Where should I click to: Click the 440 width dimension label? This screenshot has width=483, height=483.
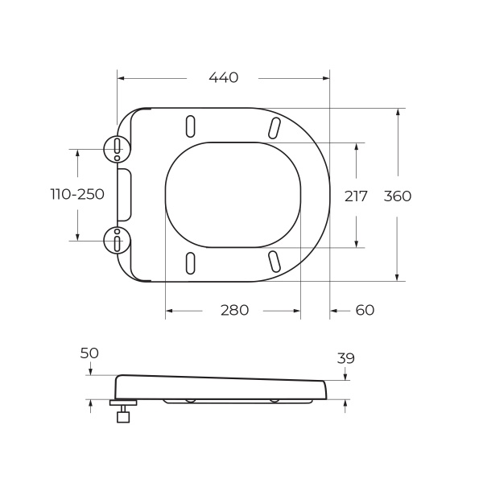pos(223,78)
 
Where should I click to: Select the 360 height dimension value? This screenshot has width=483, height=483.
pos(397,196)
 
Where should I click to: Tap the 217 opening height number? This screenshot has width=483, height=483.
pos(356,196)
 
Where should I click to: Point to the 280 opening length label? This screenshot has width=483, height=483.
pos(234,310)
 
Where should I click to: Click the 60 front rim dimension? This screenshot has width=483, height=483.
pos(365,310)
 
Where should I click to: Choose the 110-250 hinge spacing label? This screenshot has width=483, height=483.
pos(77,194)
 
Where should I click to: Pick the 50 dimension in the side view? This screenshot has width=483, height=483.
pos(89,353)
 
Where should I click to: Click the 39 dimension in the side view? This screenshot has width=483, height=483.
pos(345,358)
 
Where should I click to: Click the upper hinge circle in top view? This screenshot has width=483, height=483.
pos(118,147)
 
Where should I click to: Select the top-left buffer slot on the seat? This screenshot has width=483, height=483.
pos(190,126)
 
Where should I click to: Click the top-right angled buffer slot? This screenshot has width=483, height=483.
pos(274,127)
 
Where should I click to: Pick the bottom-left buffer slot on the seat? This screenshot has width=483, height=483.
pos(190,262)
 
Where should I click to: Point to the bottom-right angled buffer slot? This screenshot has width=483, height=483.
pos(274,261)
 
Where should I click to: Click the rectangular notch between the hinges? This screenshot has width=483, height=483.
pos(124,194)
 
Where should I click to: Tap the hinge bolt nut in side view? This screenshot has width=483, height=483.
pos(122,416)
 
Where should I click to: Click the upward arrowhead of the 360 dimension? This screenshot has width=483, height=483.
pos(398,112)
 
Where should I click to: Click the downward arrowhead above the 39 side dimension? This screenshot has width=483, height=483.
pos(345,377)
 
